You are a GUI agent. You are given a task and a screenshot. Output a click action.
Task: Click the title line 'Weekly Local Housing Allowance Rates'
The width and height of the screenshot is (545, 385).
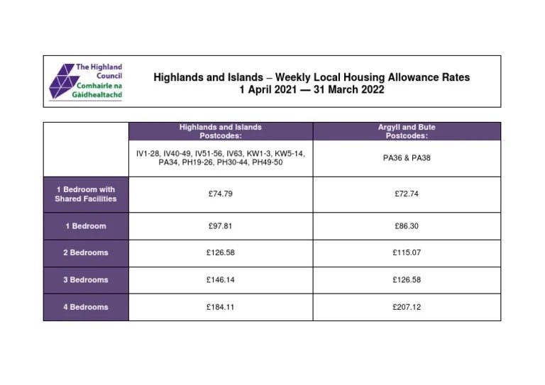click(312, 77)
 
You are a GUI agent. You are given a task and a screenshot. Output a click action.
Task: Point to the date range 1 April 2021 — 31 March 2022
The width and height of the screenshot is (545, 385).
click(312, 90)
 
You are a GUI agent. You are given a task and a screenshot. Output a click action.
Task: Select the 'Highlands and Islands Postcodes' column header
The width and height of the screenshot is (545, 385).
click(220, 131)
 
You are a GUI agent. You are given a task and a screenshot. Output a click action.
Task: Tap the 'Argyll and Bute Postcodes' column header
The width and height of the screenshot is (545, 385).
click(407, 131)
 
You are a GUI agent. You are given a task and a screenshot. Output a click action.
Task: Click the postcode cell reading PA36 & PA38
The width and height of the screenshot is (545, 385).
click(407, 158)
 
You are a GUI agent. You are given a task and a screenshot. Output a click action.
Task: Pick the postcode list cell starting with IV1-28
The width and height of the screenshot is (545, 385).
click(220, 158)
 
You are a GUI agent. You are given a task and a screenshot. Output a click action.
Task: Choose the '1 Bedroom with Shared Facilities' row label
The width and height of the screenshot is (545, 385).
click(86, 194)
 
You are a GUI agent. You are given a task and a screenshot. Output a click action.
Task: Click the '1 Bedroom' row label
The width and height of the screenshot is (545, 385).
click(86, 226)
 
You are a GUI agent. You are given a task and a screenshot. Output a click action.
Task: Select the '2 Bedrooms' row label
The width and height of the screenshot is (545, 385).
click(86, 252)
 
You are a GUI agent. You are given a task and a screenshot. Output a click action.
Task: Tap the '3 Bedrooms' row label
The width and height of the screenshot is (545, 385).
click(86, 280)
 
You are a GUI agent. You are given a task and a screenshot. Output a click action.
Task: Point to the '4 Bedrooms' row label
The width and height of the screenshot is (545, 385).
click(86, 307)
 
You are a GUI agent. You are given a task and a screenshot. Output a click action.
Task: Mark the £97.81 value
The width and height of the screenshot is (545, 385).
click(220, 226)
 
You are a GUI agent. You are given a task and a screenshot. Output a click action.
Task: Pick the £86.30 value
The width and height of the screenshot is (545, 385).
click(407, 226)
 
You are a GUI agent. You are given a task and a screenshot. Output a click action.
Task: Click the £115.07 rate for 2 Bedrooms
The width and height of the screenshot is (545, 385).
click(407, 252)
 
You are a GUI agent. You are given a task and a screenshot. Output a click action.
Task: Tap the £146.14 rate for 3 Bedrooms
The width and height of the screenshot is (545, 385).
click(220, 280)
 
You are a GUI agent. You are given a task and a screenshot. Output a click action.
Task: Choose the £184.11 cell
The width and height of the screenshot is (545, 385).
click(220, 307)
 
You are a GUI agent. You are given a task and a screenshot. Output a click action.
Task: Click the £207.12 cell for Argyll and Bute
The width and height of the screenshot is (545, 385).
click(407, 307)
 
